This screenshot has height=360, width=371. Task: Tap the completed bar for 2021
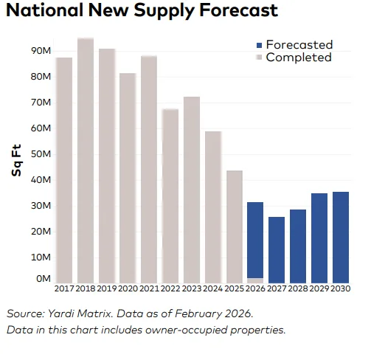pos(149,170)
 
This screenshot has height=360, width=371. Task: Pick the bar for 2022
pos(170,195)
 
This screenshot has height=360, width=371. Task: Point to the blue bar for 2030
pos(341,237)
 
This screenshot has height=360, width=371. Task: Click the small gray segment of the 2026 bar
pos(255,280)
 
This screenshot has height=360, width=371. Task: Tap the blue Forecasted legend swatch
pos(250,45)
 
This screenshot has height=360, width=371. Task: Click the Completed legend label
pos(298,58)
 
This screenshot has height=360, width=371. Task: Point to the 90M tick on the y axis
pos(40,51)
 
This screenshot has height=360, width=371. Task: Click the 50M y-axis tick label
pos(40,154)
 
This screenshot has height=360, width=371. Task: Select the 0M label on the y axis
pos(43,280)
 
